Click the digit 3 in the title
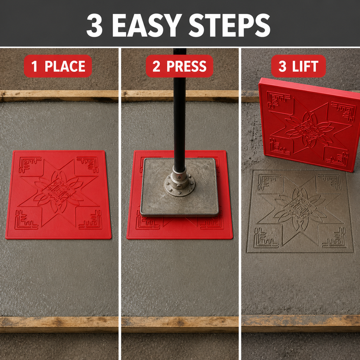(x=94, y=25)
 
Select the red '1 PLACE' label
(x=58, y=66)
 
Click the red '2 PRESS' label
(x=180, y=66)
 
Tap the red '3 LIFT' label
(x=298, y=66)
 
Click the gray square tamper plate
(x=180, y=187)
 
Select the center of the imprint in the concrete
(x=298, y=207)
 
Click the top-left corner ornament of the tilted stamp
(x=277, y=99)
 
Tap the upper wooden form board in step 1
(x=59, y=96)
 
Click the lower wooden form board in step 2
(x=180, y=324)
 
